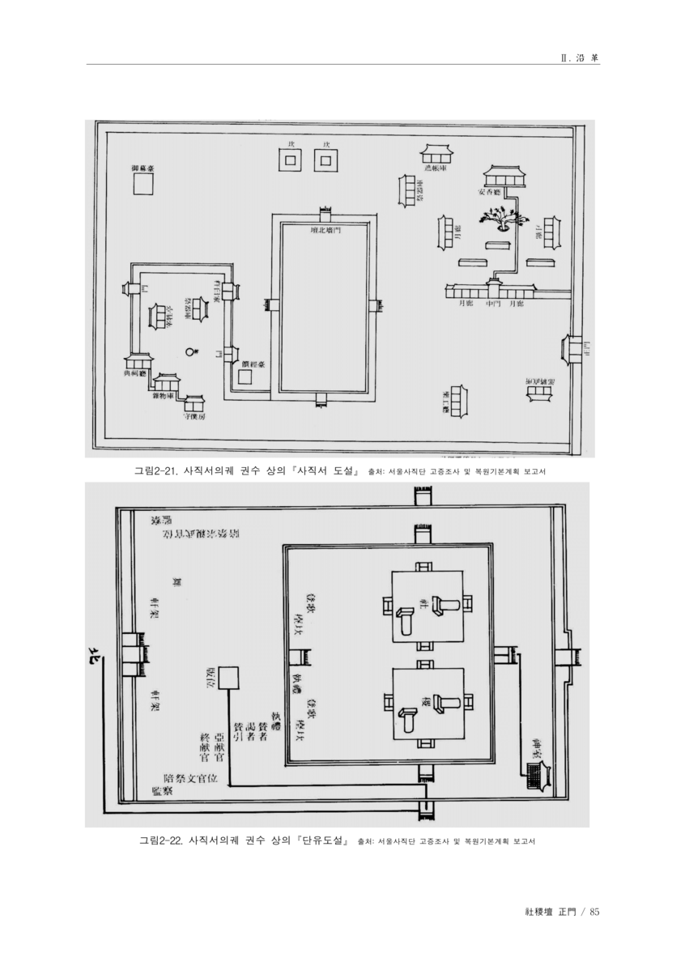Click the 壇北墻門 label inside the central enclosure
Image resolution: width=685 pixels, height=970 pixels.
point(325,230)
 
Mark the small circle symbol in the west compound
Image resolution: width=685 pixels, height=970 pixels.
point(191,352)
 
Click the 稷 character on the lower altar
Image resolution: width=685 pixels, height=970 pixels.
point(423,698)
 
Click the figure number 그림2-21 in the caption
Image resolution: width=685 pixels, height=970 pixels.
point(156,470)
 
